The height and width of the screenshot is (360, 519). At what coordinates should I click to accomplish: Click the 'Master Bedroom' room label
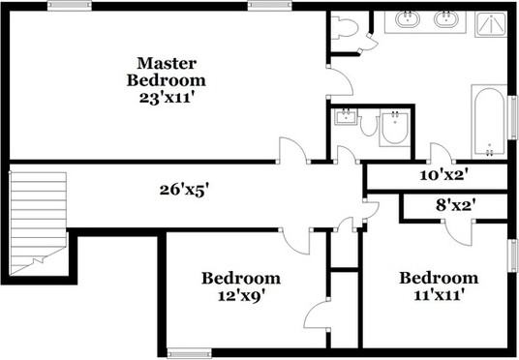pos(170,71)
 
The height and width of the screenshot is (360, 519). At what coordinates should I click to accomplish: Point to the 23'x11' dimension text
pos(170,97)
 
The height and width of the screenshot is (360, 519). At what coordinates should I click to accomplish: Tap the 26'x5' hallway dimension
pos(185,190)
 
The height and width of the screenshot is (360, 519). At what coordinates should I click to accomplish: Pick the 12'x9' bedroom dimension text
pos(241,296)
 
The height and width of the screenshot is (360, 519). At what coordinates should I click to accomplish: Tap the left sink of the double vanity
pos(408,19)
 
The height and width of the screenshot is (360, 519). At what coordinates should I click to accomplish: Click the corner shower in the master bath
pos(492,23)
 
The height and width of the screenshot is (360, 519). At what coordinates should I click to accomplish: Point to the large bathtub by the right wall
pos(489,122)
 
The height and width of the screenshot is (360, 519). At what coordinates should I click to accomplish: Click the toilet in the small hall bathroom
pos(393,130)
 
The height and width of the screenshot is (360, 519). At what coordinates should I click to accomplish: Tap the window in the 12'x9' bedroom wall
pos(188,350)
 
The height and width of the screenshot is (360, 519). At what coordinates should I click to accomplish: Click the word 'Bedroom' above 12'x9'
pos(241,279)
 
